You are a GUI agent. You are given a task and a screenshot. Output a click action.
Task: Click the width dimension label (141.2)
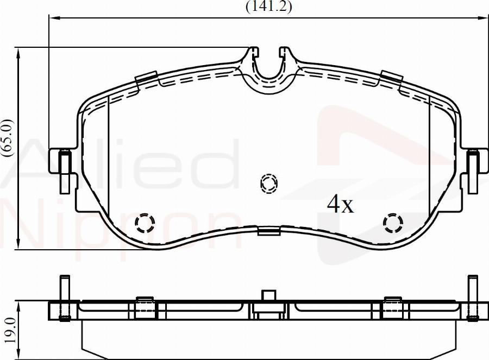coord(269,7)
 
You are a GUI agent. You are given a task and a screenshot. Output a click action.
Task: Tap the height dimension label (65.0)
coord(8,138)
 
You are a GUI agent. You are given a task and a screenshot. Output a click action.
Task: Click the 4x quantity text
coord(340,204)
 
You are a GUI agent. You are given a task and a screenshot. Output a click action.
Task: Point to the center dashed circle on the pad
coord(268,184)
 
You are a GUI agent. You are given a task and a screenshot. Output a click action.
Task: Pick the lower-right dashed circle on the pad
coord(392,222)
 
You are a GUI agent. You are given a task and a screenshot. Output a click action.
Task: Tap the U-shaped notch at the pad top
coord(268,68)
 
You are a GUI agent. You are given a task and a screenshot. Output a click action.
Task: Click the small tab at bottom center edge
coord(269,232)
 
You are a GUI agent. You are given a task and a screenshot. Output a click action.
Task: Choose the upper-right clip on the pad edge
coord(391,79)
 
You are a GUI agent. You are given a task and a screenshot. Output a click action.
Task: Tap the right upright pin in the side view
coord(473,296)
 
